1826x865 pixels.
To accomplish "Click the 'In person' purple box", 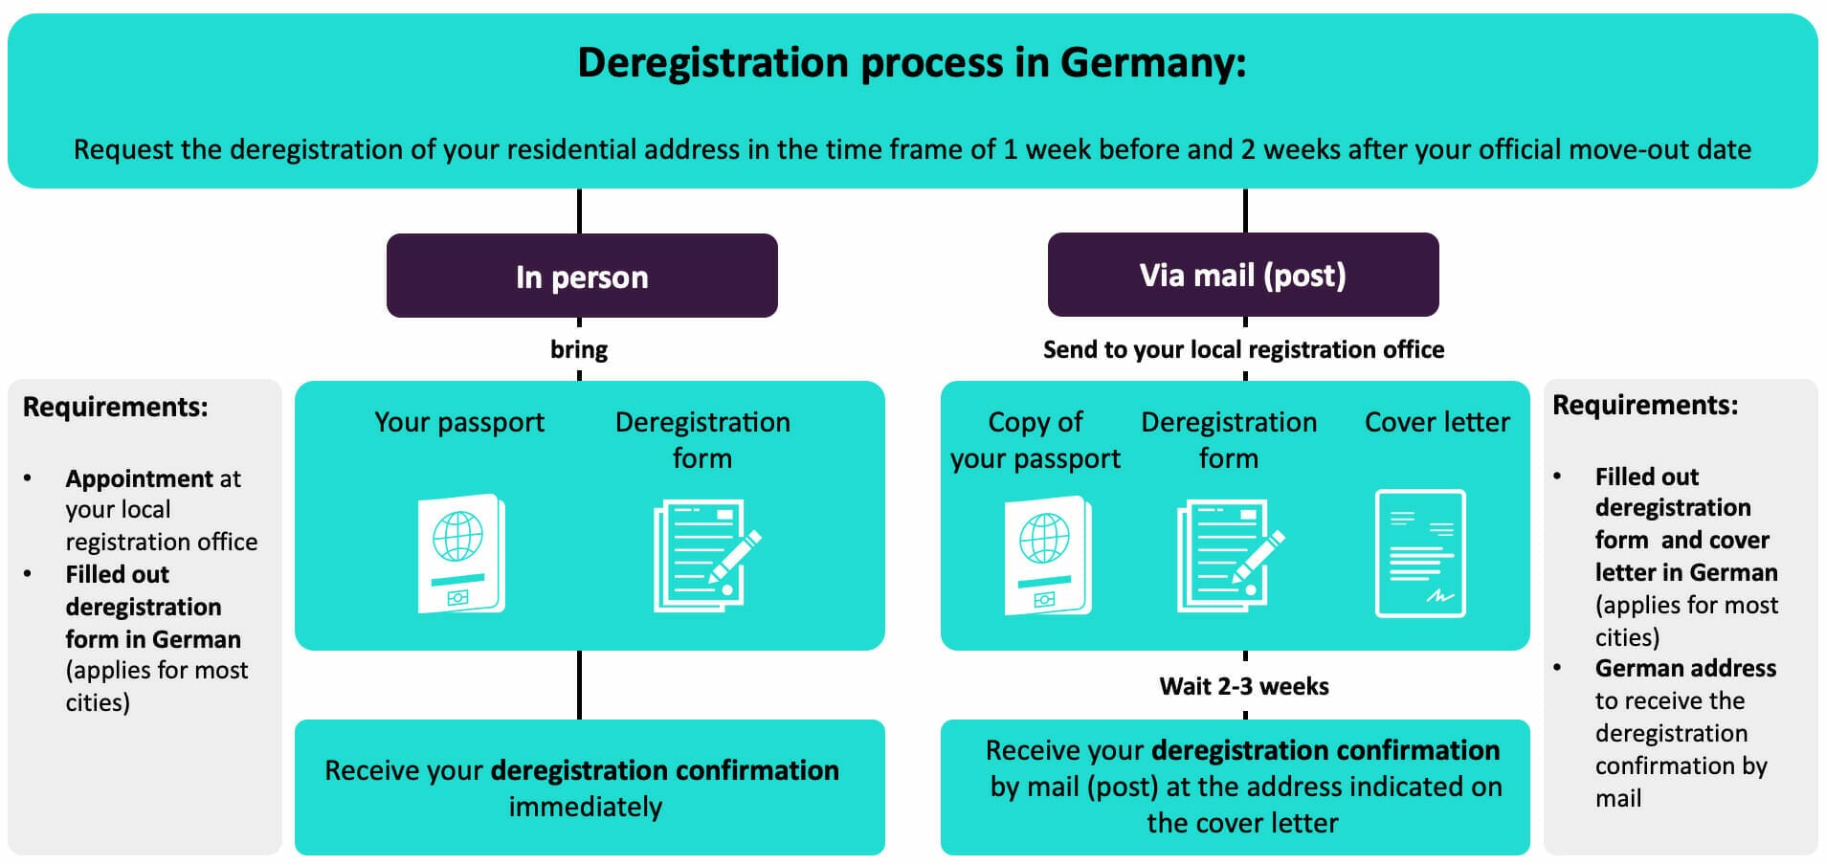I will (582, 276).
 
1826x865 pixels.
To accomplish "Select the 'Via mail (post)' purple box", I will (1243, 275).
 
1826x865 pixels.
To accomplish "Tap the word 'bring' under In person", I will (579, 349).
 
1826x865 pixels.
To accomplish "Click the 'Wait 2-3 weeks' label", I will (1244, 686).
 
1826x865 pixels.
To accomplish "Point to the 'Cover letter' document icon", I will (1420, 553).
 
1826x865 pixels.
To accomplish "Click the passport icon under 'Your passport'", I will (461, 553).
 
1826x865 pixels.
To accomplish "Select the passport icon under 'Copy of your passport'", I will (1048, 555).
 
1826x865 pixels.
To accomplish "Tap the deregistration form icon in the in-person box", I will (705, 555).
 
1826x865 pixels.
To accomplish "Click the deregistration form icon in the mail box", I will (1229, 555).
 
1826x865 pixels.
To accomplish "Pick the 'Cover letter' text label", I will (1436, 422).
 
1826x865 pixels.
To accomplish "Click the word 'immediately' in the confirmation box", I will (586, 807).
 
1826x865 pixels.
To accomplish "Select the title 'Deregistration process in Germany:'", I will (912, 63).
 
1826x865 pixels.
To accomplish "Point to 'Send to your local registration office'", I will (1243, 349).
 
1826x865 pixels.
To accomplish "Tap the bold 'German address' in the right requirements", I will (1685, 668).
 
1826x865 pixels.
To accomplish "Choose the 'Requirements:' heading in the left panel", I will (116, 407).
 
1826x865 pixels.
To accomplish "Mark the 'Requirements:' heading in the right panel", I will (1645, 405).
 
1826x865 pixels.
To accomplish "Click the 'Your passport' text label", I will (459, 422).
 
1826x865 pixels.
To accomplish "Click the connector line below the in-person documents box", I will (579, 685).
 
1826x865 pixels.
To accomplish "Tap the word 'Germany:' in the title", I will (1153, 63).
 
